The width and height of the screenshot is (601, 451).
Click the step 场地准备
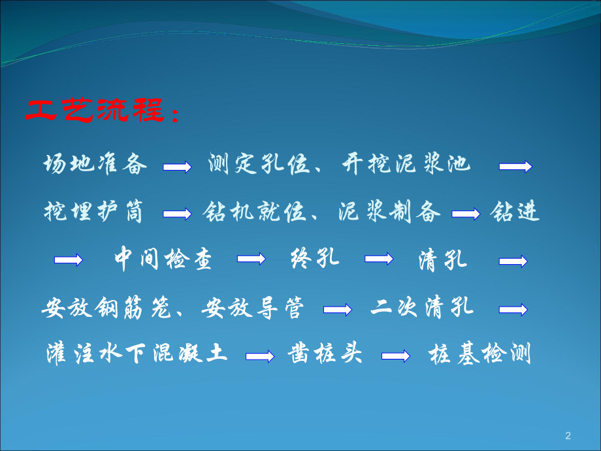(95, 164)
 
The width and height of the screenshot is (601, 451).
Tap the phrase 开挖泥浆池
(406, 164)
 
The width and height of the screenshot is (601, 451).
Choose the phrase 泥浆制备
(390, 212)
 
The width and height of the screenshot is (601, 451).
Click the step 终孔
(314, 259)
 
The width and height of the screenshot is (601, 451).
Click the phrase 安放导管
(253, 307)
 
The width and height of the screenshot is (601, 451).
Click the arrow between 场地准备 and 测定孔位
(177, 167)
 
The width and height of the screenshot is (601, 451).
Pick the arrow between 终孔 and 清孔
(379, 259)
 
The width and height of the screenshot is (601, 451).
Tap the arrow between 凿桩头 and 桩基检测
(396, 356)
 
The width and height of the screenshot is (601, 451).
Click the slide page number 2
(567, 435)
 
